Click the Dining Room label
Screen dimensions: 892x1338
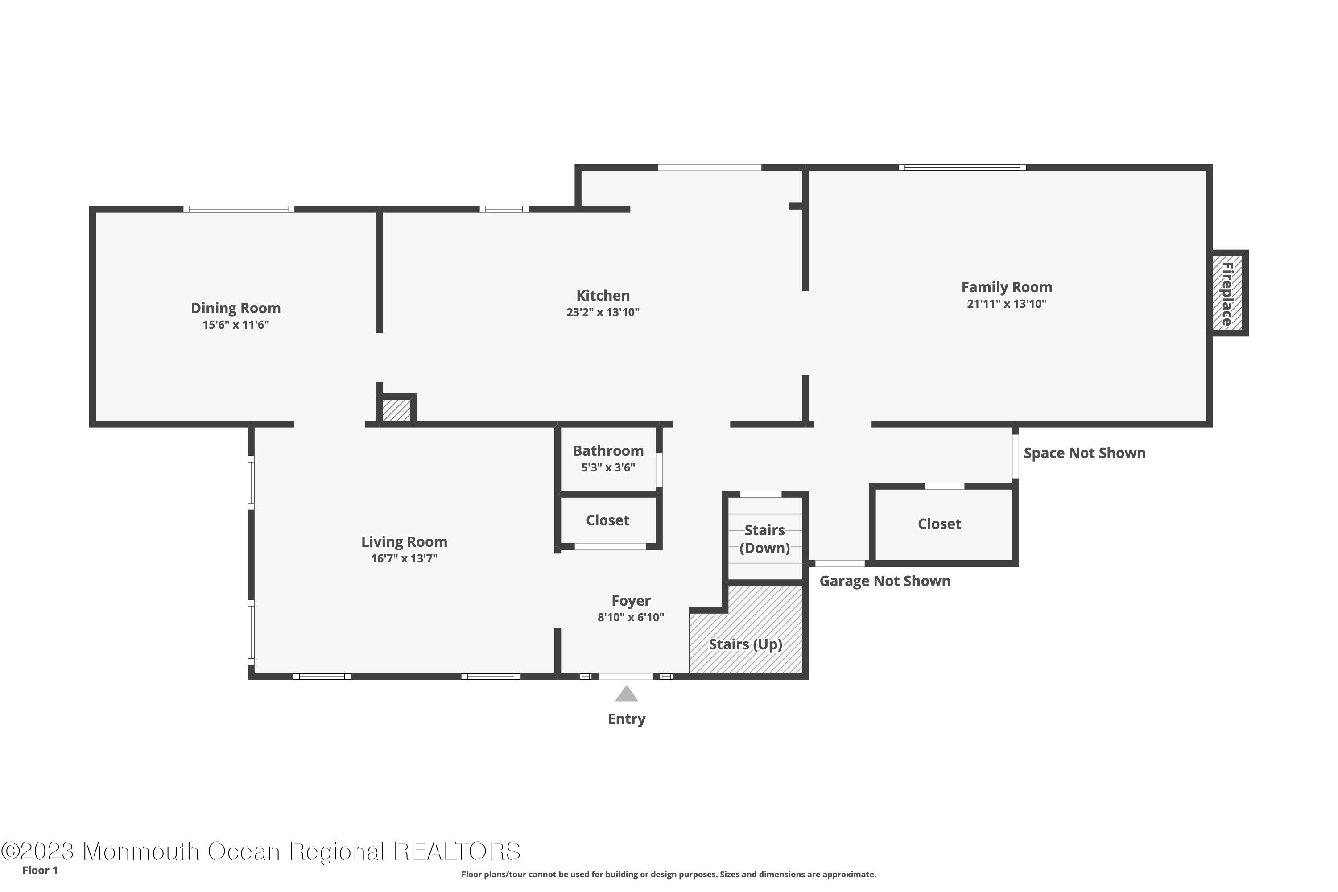235,308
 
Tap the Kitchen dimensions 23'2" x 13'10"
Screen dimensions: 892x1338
603,312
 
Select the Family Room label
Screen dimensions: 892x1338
1006,287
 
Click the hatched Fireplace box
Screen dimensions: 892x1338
1226,293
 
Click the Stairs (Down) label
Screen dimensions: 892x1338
764,539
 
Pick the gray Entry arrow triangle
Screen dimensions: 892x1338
626,694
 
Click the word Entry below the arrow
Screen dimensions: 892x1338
626,719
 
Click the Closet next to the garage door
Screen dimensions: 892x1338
939,524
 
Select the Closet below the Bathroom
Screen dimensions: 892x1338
607,520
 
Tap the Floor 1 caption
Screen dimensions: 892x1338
40,871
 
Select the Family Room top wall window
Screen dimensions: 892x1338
962,167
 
